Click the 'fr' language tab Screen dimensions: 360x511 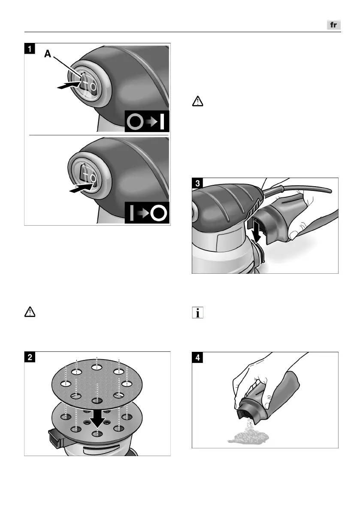point(333,25)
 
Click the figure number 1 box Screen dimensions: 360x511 point(29,48)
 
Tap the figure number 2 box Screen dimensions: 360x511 point(29,357)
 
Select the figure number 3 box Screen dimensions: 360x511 point(197,183)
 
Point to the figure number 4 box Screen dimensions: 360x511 point(197,358)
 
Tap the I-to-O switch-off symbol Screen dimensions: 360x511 point(147,213)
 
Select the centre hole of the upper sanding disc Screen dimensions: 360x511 point(97,401)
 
